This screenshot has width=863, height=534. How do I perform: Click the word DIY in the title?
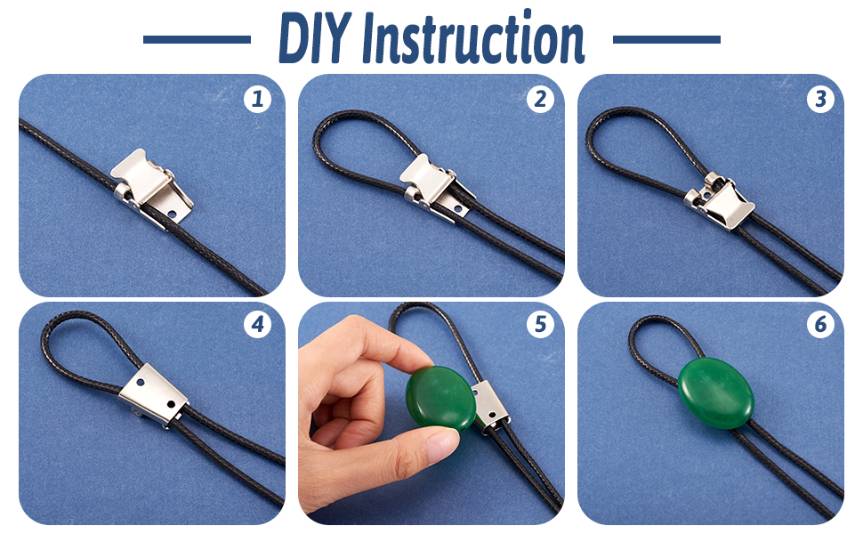(314, 38)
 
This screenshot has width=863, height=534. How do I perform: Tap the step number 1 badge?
(257, 99)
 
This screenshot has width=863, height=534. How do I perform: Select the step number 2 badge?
(540, 99)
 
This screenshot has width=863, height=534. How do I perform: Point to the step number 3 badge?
(820, 99)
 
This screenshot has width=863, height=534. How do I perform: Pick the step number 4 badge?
(257, 324)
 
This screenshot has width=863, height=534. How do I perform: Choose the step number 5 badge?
(540, 324)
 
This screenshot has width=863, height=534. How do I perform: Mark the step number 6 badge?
(820, 324)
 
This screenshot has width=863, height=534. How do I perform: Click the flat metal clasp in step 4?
(154, 394)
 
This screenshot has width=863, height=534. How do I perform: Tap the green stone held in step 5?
(441, 398)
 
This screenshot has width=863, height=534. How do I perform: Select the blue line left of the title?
(197, 39)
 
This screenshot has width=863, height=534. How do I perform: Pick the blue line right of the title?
(666, 39)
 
